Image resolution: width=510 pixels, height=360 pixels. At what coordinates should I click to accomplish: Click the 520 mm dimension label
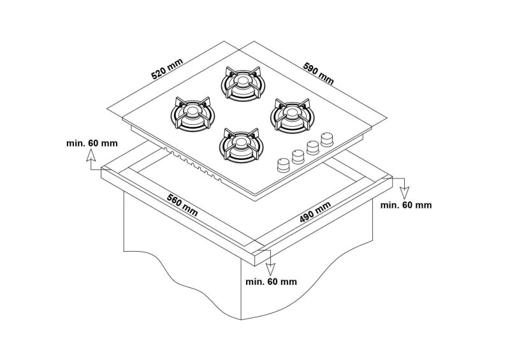point(166,69)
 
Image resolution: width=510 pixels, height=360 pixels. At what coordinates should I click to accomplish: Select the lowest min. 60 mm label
point(271,281)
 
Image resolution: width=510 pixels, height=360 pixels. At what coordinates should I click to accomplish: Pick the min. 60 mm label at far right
point(405,205)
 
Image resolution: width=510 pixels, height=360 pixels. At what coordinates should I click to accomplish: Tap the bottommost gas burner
point(240,145)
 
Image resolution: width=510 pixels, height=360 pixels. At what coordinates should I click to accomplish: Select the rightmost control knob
point(328,138)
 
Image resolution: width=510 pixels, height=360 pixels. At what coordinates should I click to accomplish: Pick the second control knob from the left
point(298,156)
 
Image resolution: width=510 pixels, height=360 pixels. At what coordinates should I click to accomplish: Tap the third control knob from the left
point(313,147)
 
